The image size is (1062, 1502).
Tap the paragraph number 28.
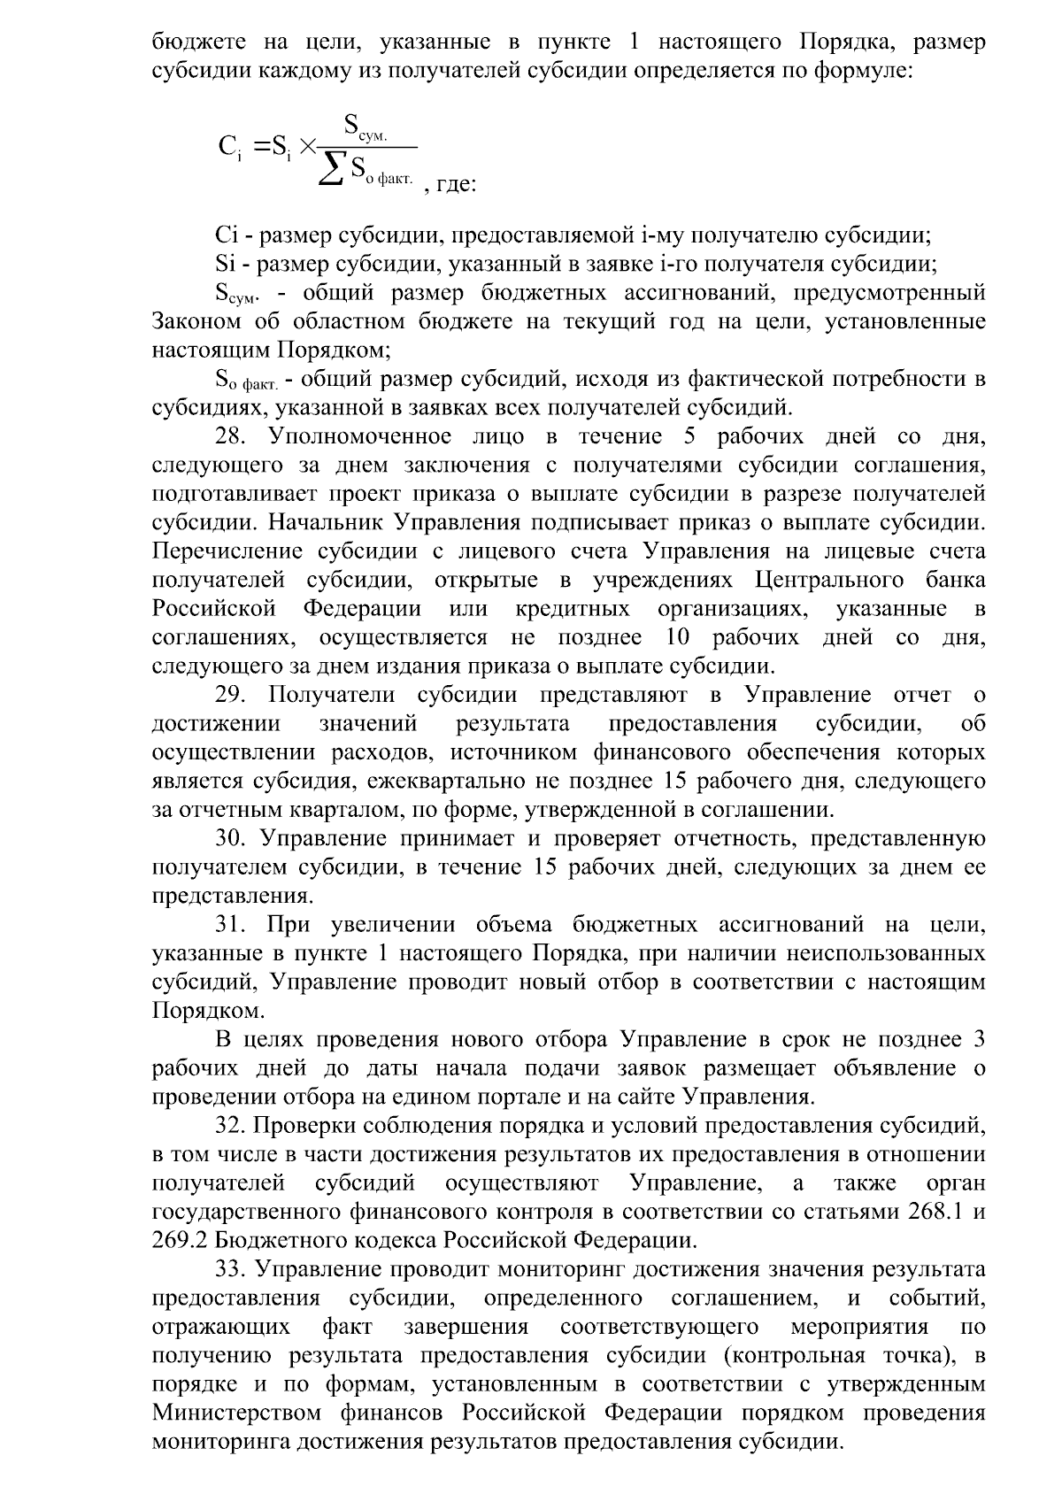click(x=234, y=437)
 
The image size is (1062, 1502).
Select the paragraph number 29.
click(x=234, y=695)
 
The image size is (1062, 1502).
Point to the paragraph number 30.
click(x=234, y=838)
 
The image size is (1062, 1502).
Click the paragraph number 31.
click(x=234, y=925)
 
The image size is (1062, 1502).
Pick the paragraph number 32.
click(x=234, y=1126)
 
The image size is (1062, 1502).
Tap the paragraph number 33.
click(x=234, y=1269)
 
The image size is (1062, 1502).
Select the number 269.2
click(x=180, y=1240)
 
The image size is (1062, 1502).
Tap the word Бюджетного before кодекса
click(x=281, y=1240)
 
